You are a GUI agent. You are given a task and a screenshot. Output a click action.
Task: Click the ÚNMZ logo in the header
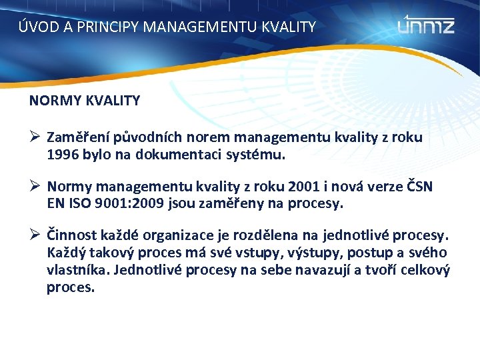pyautogui.click(x=426, y=25)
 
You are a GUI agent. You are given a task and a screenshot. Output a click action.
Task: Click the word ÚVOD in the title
pyautogui.click(x=35, y=27)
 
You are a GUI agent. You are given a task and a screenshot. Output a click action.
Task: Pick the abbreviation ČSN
pyautogui.click(x=418, y=187)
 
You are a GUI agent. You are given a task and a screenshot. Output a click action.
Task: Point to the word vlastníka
pyautogui.click(x=75, y=271)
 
